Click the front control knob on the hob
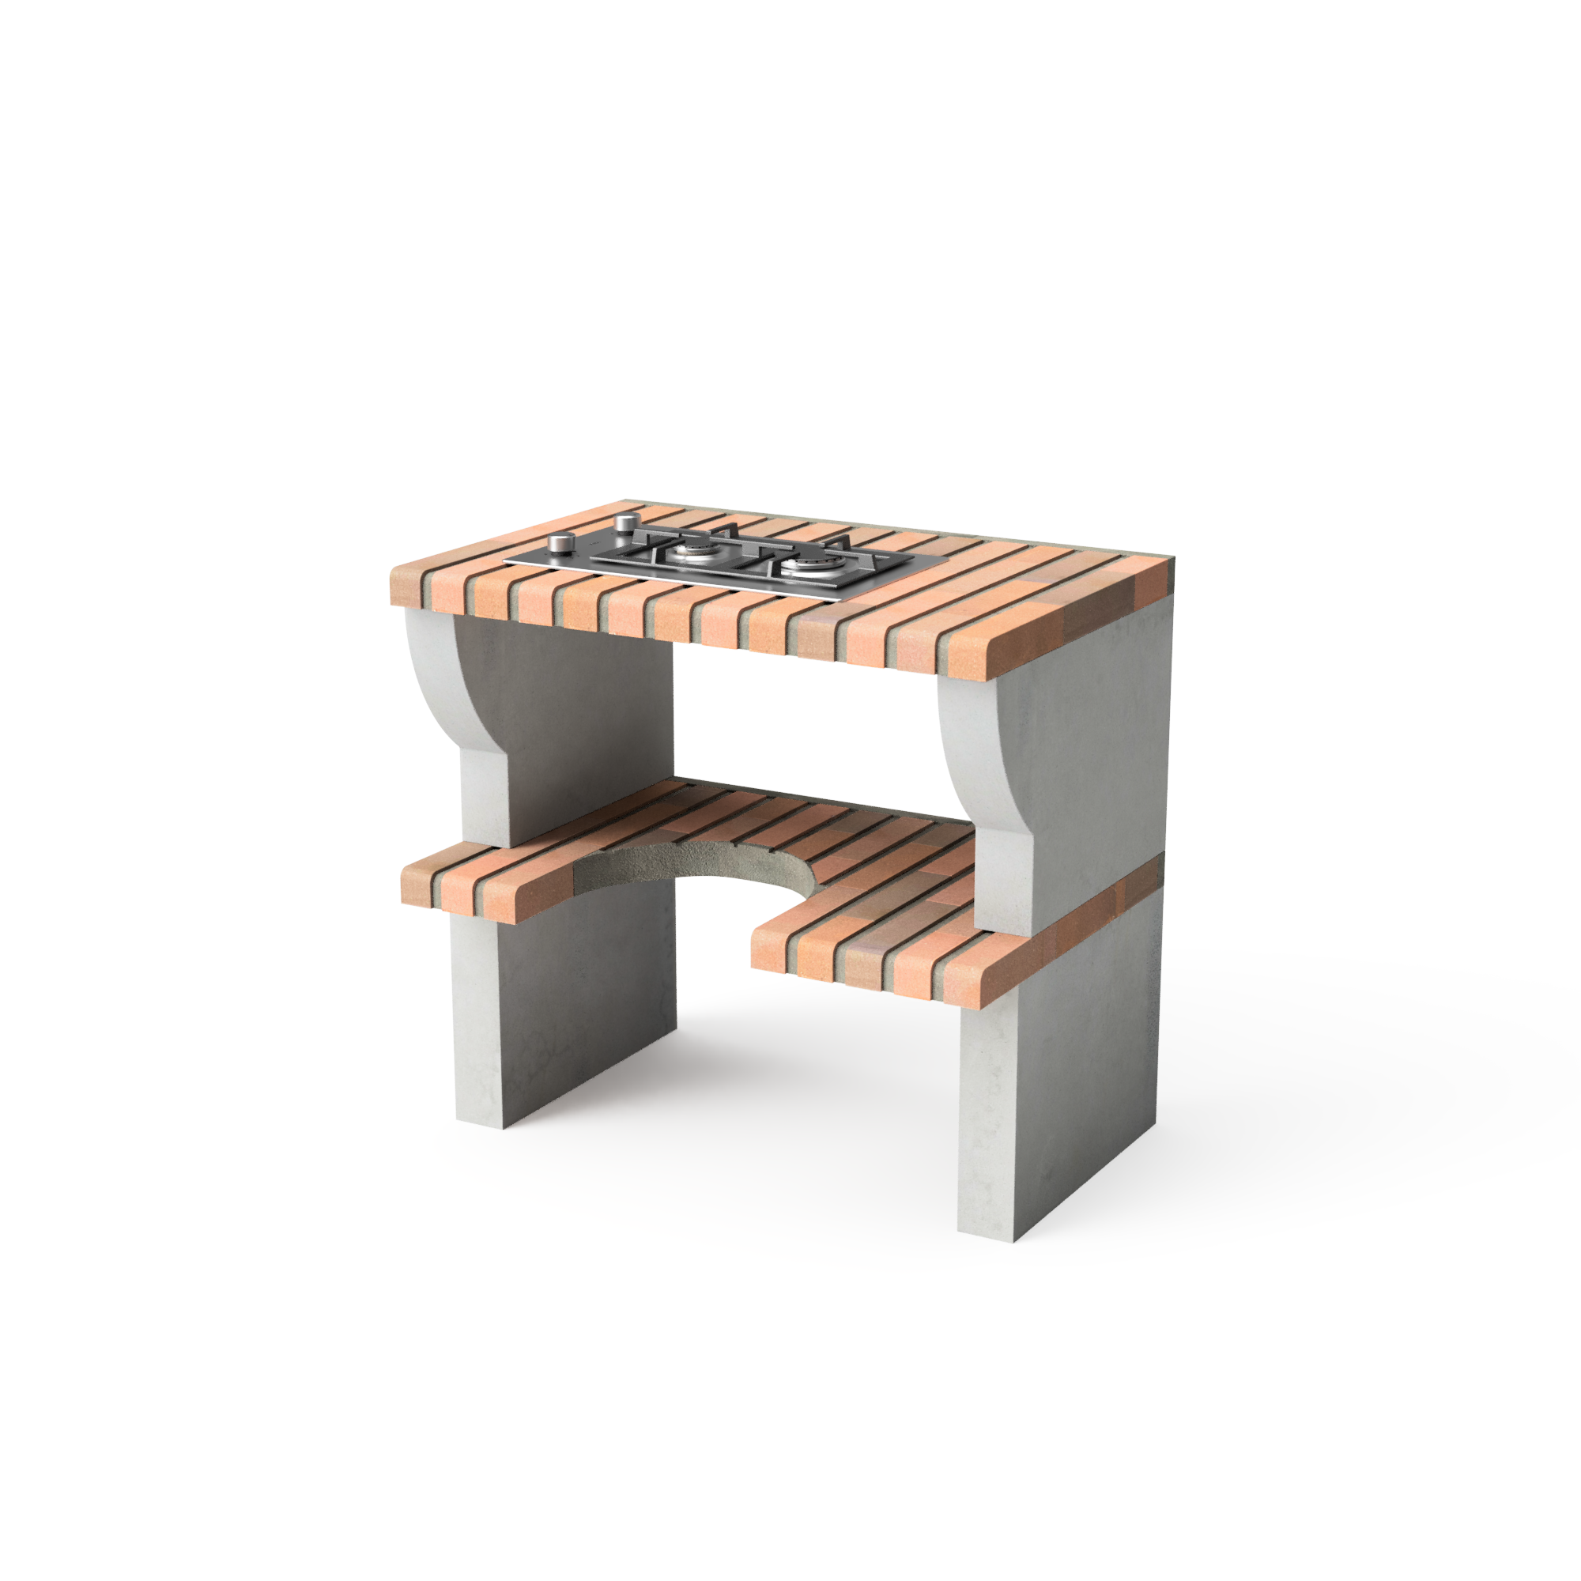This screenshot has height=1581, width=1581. pos(561,541)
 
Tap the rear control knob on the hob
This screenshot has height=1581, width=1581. pos(626,521)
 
